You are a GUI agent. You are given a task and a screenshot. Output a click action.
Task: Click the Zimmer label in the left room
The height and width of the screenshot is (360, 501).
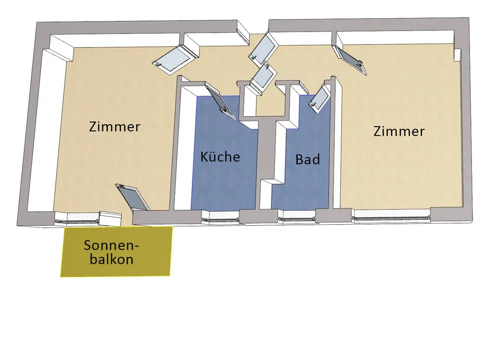114,126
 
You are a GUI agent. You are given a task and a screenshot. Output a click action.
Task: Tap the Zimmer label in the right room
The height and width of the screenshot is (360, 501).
399,131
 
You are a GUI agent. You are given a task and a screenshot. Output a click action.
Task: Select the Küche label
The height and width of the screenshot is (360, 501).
220,157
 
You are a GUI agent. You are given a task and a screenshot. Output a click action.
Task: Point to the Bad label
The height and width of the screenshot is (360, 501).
307,160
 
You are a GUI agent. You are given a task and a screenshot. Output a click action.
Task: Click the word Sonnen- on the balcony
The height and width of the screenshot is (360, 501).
111,246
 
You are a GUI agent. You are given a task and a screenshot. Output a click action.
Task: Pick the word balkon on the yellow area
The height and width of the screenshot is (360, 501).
115,260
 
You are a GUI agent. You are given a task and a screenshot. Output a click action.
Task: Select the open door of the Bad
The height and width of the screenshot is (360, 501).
319,98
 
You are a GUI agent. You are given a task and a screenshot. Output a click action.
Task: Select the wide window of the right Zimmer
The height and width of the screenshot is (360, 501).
391,217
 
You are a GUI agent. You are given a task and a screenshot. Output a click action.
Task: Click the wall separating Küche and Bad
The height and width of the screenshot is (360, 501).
266,165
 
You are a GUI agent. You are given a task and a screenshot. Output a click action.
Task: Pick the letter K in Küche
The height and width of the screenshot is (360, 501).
204,157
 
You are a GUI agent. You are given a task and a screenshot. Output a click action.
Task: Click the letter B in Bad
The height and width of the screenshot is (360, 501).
300,160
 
